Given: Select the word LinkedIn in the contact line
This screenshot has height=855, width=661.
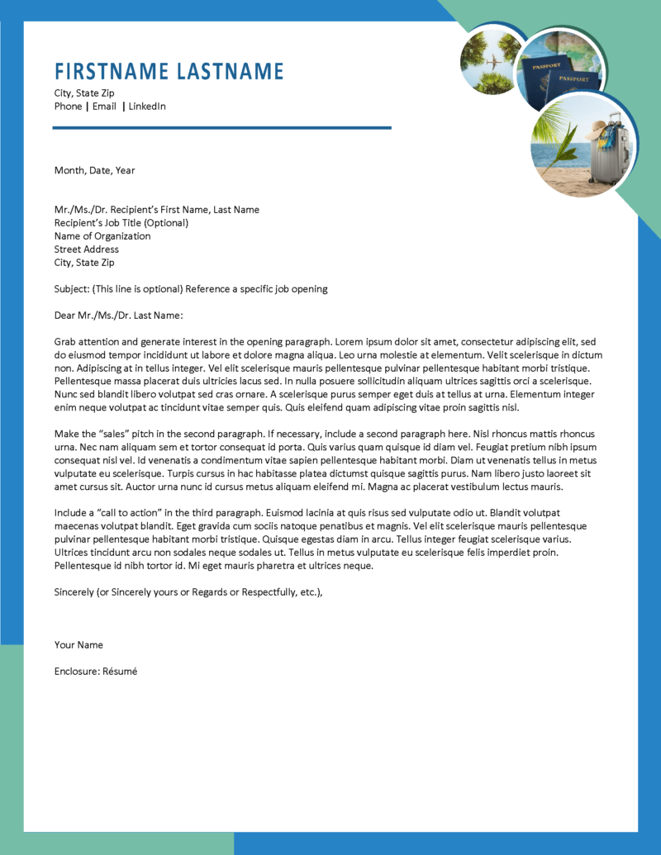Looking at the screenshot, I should tap(147, 107).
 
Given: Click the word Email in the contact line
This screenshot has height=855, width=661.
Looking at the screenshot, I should tap(104, 107).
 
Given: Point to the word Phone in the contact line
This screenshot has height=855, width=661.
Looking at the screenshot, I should tap(69, 107).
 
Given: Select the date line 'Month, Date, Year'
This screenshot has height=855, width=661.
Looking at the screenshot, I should tap(94, 170).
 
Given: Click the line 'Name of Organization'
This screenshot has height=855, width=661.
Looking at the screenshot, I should tap(102, 236).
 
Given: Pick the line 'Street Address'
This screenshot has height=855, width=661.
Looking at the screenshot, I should tap(87, 249).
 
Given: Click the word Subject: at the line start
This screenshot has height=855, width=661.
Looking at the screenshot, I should tap(72, 289).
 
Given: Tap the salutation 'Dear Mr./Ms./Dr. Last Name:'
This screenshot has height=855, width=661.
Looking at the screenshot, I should tap(118, 316).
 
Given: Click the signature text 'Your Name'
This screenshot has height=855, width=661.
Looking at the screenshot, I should tap(78, 644).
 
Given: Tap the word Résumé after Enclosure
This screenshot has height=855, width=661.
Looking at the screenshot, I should tap(120, 672).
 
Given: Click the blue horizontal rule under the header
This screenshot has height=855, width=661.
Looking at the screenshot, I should tap(221, 128).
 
